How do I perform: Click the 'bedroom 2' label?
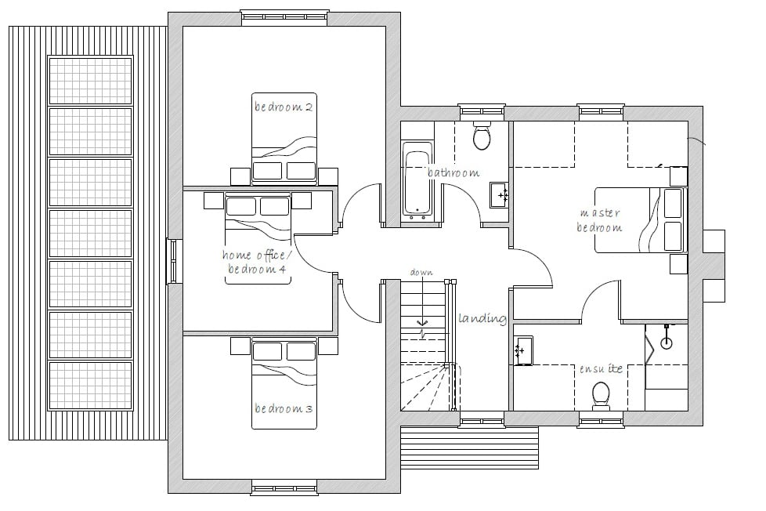click(284, 107)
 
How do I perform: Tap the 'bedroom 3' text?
click(284, 408)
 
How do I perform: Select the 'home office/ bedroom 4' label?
click(255, 262)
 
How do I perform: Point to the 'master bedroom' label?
click(600, 220)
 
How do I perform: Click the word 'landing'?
click(482, 318)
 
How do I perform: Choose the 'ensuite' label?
click(601, 368)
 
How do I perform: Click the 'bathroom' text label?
click(453, 172)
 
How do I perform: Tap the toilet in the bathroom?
click(482, 137)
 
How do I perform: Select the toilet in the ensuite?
click(602, 394)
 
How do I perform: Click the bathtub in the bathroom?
click(417, 179)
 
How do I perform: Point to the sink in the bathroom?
click(499, 194)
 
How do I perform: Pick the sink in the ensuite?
click(523, 350)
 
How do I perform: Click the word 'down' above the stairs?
click(421, 273)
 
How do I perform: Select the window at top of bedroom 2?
click(284, 17)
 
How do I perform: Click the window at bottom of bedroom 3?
click(284, 488)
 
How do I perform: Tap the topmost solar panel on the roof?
click(90, 80)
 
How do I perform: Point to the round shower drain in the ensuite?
click(667, 342)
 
